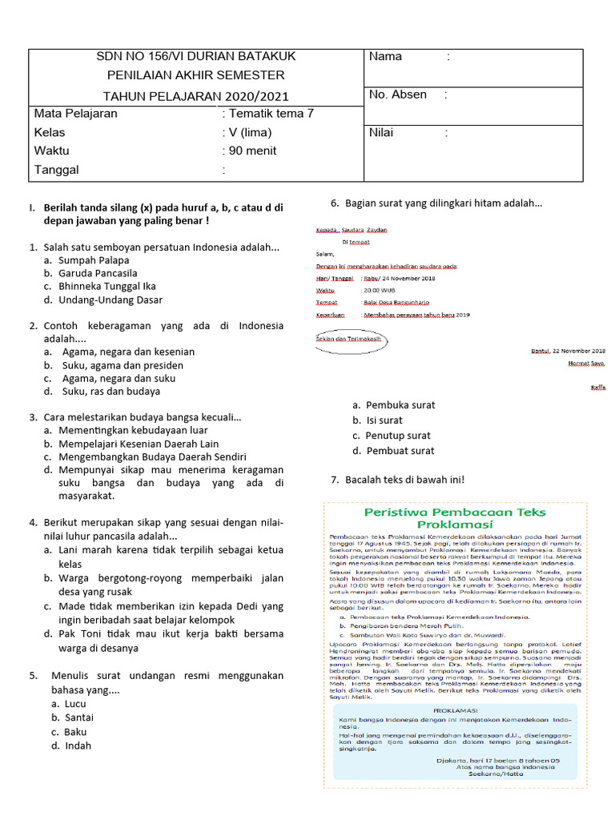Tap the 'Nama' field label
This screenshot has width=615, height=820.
[x=385, y=57]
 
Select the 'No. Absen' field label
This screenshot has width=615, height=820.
[x=398, y=94]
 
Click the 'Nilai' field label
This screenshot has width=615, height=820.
[x=382, y=133]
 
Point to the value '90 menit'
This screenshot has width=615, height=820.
[x=255, y=151]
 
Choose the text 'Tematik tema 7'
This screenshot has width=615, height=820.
[x=271, y=113]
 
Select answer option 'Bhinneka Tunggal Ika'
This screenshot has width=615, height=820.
[x=107, y=286]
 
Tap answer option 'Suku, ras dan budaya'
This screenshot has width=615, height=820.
[x=109, y=392]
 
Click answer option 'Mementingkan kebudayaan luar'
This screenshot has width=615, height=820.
[x=132, y=430]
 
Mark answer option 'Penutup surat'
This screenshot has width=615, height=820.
[x=398, y=436]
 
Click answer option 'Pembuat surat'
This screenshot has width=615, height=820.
[x=400, y=451]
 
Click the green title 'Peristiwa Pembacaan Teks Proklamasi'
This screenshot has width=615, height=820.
[x=455, y=517]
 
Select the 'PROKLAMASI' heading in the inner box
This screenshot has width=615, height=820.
[x=454, y=710]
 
